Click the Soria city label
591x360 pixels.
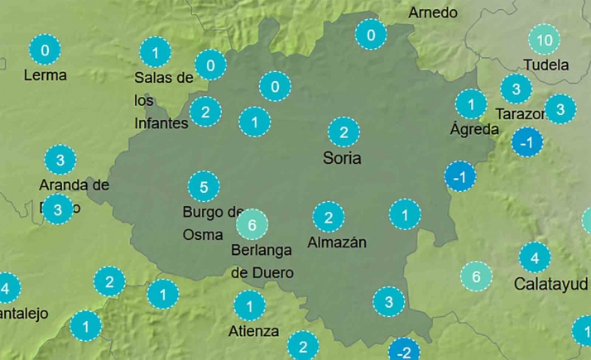[343, 156]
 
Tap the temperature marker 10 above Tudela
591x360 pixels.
[544, 40]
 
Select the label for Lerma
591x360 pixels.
[45, 75]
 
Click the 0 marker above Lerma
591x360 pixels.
[45, 50]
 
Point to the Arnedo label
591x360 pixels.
[433, 12]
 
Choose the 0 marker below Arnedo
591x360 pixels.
[371, 35]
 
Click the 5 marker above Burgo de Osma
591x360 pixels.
[204, 185]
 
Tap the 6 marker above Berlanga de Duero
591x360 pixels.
[252, 223]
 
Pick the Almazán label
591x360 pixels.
[336, 242]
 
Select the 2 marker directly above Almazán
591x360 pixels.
[329, 218]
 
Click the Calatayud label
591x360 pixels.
[550, 284]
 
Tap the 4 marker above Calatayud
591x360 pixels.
[535, 257]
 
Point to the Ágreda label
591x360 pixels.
[474, 129]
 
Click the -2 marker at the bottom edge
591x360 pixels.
[404, 352]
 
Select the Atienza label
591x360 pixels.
[253, 332]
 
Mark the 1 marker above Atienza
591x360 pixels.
[248, 306]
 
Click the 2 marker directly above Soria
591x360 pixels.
[344, 132]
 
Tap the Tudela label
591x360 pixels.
[546, 65]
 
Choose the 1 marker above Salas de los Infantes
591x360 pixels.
[155, 52]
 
